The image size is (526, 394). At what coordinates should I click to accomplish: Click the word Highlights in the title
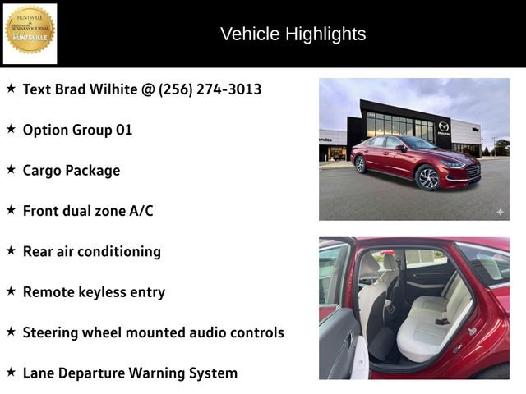tap(327, 34)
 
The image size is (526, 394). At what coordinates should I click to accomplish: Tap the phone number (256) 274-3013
tap(210, 89)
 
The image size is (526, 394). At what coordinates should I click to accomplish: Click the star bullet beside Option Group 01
tap(12, 129)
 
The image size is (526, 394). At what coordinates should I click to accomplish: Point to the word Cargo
tap(43, 170)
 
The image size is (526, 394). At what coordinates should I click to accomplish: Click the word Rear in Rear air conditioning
tap(38, 251)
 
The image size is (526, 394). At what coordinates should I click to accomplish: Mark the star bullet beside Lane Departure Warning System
tap(12, 372)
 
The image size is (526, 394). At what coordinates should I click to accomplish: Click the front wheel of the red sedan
tap(427, 177)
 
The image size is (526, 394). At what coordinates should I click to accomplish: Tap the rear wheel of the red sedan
tap(361, 163)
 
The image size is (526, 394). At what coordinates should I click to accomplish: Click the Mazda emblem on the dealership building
tap(444, 126)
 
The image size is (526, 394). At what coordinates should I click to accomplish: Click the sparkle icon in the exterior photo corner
tap(499, 212)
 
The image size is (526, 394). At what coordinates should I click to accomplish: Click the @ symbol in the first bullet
tap(148, 89)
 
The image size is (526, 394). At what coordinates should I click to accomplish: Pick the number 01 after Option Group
tap(122, 130)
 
